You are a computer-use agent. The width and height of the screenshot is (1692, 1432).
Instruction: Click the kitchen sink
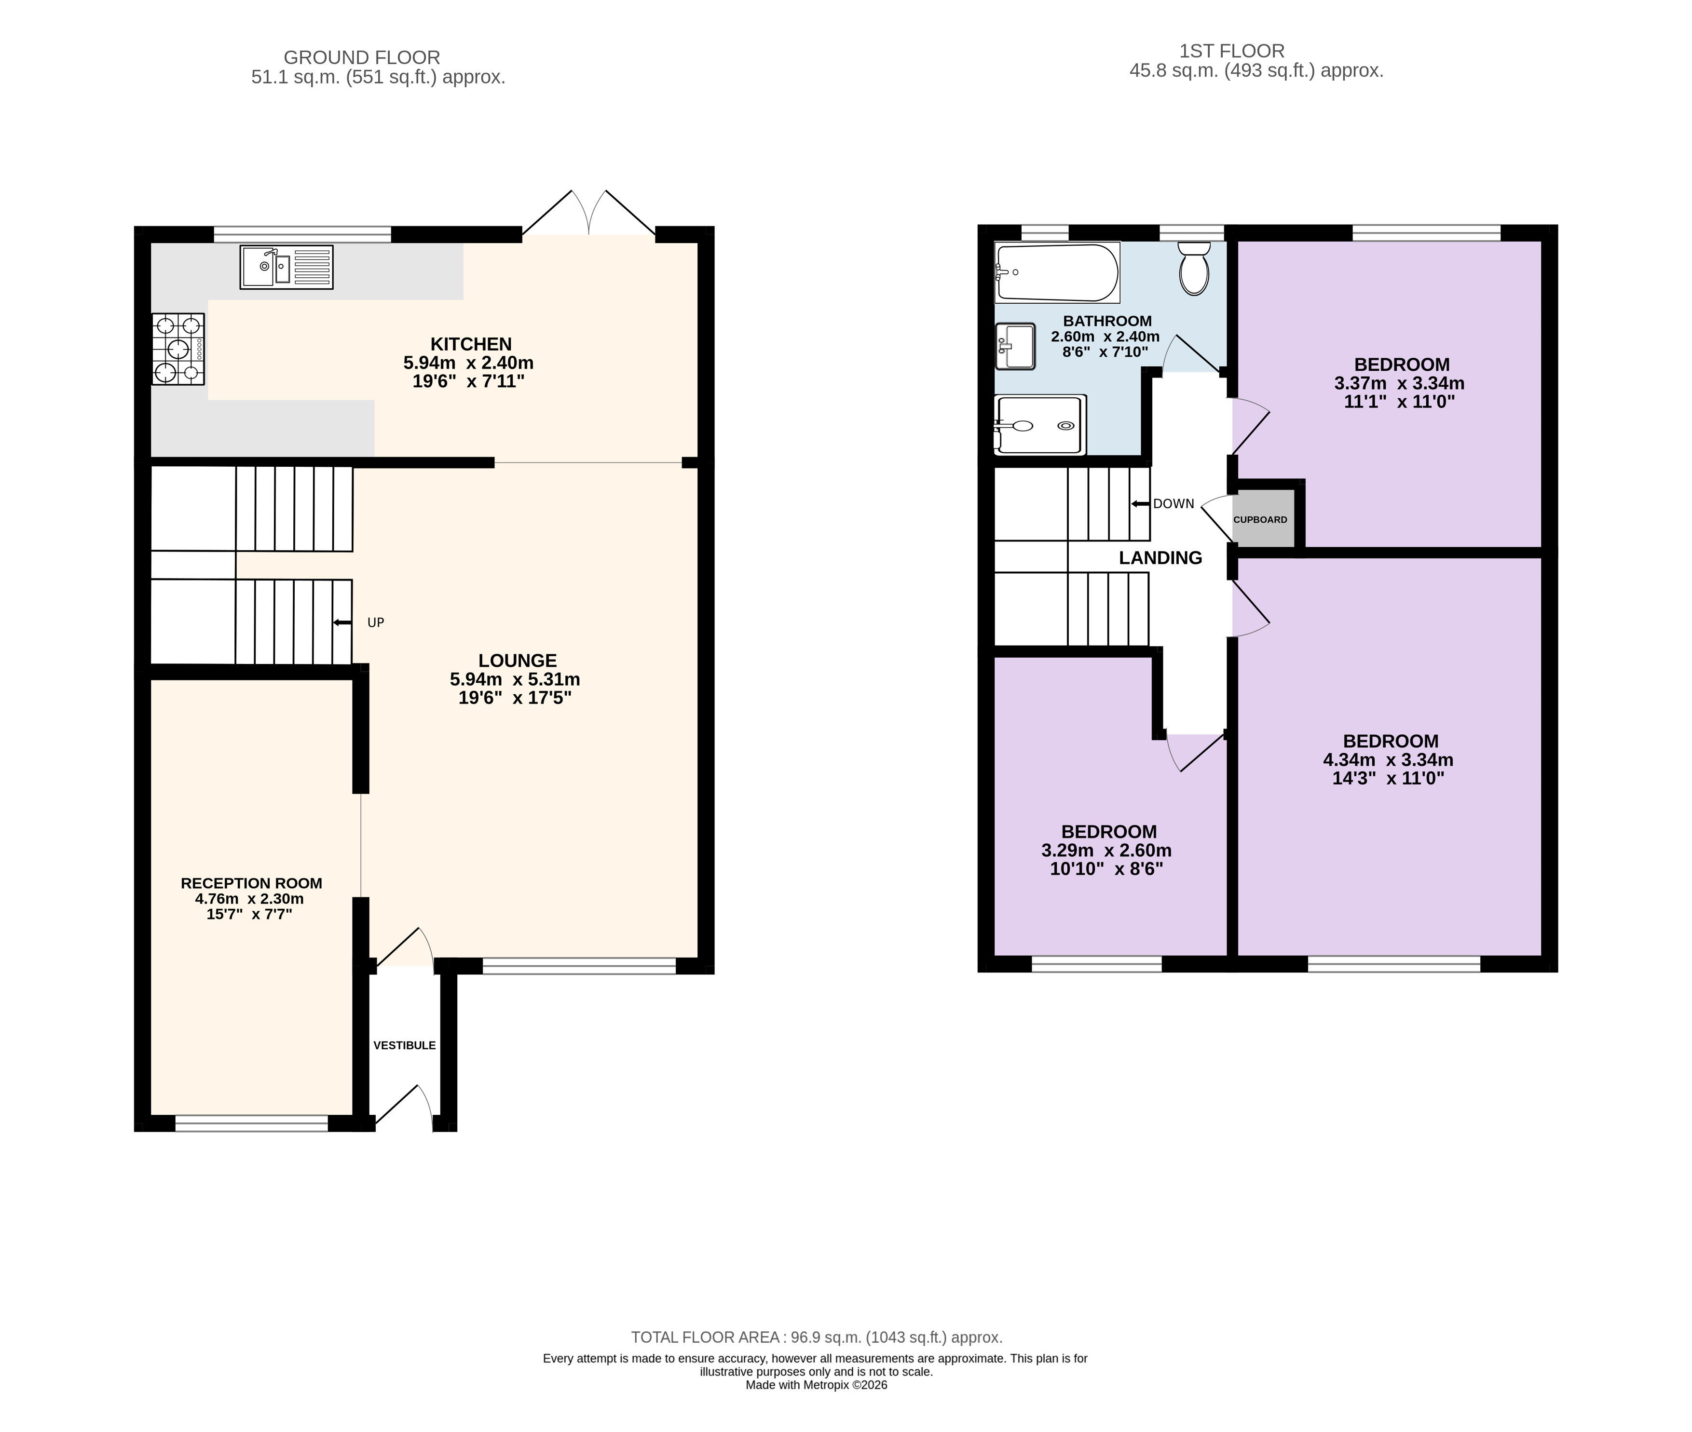click(x=287, y=267)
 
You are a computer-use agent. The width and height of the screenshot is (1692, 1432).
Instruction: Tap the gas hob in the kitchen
click(x=178, y=349)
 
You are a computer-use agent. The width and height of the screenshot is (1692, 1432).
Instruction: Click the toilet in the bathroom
click(x=1193, y=268)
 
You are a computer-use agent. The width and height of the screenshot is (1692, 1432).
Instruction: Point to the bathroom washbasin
click(x=1015, y=347)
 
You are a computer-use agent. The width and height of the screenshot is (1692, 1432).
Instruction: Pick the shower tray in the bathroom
click(x=1040, y=425)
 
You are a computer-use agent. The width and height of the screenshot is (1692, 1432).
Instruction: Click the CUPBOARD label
click(x=1260, y=520)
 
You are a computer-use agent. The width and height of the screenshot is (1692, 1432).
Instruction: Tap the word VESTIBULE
click(x=404, y=1046)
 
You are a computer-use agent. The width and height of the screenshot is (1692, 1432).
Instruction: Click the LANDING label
click(x=1160, y=558)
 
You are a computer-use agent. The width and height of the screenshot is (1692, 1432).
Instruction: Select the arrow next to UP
click(x=342, y=622)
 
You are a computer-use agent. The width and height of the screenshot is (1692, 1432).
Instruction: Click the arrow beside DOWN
click(x=1141, y=504)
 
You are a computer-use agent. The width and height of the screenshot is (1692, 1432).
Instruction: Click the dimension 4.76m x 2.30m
click(x=249, y=899)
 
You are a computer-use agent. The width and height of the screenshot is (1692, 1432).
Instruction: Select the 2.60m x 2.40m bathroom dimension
click(x=1105, y=336)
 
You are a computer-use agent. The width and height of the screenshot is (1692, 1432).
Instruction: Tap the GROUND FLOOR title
click(x=362, y=58)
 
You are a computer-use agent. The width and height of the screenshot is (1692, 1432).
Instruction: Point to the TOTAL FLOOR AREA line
click(x=817, y=1337)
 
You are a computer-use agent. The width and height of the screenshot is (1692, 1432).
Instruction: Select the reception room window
click(x=252, y=1123)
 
